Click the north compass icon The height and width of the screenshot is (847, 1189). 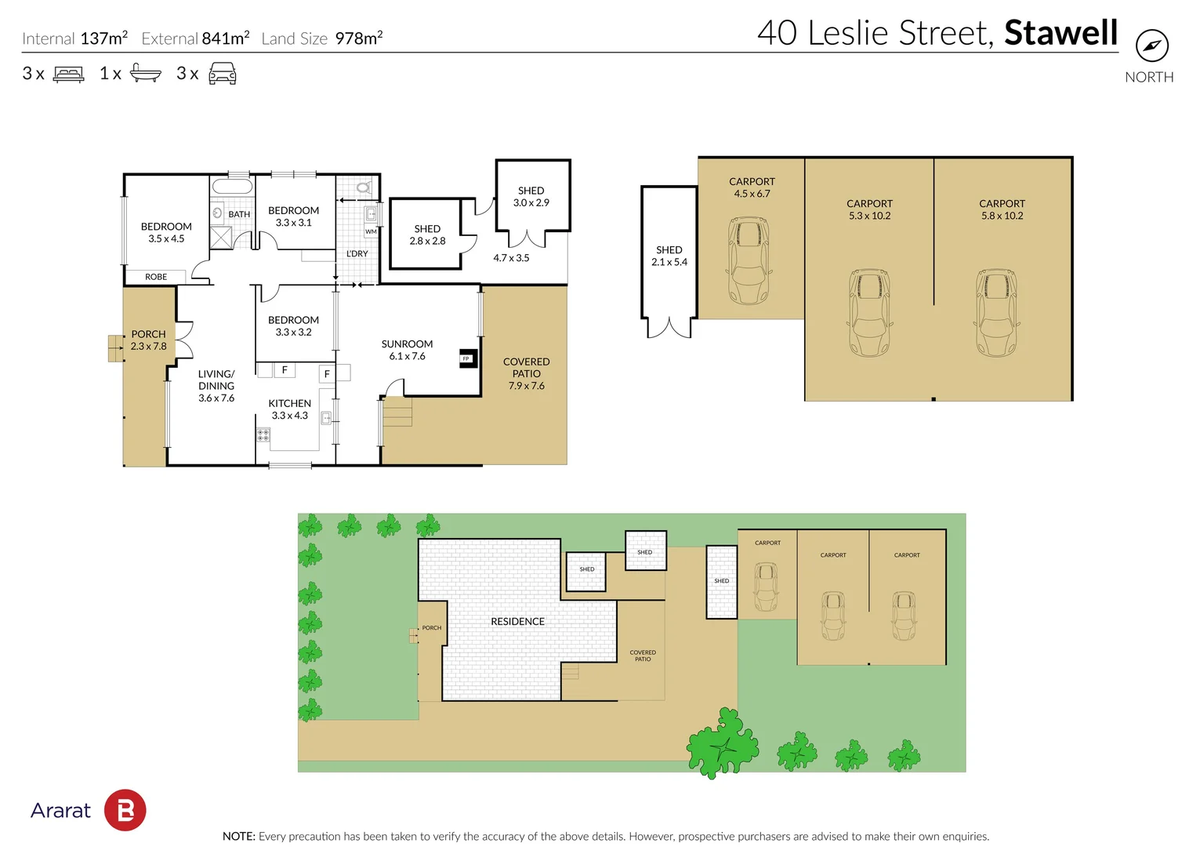coord(1151,45)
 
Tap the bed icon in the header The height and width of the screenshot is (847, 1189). coord(68,75)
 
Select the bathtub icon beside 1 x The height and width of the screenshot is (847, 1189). coord(145,73)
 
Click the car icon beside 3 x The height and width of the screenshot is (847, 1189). coord(223,74)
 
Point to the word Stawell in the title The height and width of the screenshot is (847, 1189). coord(1060,33)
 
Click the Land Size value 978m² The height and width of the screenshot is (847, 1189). coord(358,38)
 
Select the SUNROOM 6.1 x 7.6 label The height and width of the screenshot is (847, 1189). coord(407,350)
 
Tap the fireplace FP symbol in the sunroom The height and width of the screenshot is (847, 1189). coord(466,358)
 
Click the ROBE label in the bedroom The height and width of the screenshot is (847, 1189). coord(156,277)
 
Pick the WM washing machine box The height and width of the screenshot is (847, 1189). coord(371,231)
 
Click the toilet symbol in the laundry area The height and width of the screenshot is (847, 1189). coord(363,187)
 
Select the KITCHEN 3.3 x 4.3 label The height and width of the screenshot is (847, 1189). coord(290,409)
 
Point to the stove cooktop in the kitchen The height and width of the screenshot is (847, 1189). coord(263,434)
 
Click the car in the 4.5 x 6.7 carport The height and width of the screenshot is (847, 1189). coord(749,261)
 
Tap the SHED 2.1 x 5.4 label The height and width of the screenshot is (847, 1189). coord(669,256)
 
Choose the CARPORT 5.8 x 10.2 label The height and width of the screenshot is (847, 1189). coord(1002,209)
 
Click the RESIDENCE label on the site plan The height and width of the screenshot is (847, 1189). coord(517,621)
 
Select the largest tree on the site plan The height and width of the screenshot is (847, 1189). coord(723,743)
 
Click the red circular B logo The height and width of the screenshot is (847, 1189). coord(125,810)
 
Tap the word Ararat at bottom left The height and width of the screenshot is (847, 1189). coord(60,810)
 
